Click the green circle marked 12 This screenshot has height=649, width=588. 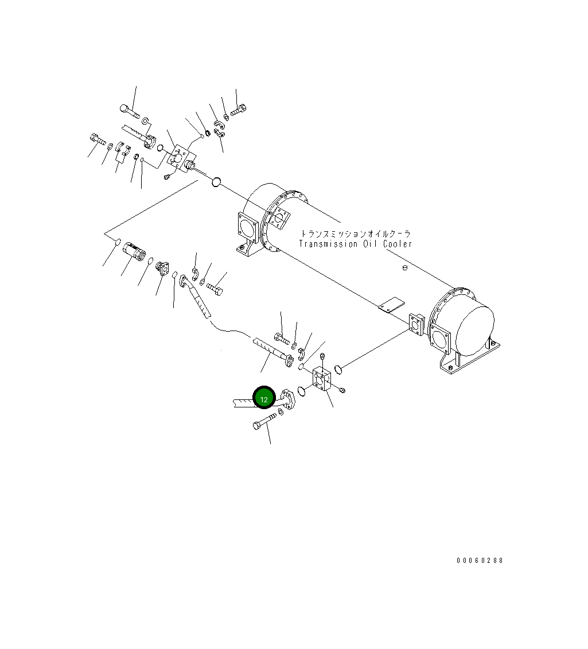[264, 398]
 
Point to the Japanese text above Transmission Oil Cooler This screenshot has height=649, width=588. [356, 234]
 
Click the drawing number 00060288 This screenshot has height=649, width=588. [480, 560]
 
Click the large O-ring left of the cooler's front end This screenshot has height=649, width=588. [216, 182]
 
